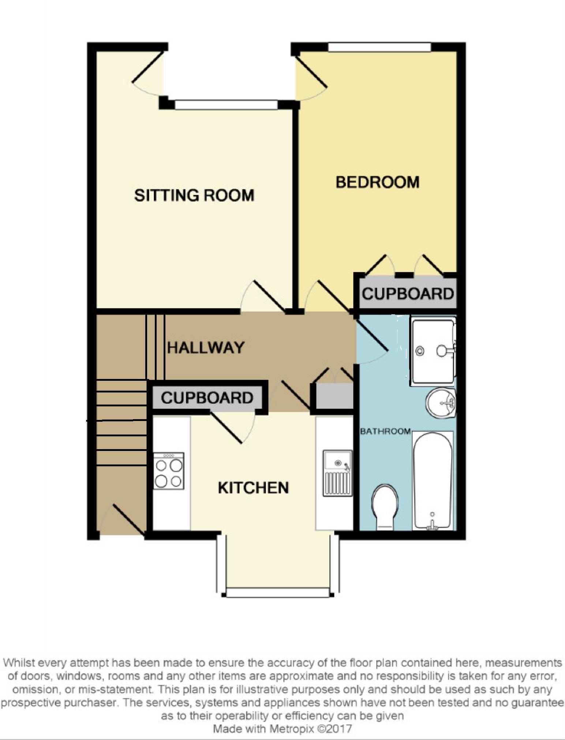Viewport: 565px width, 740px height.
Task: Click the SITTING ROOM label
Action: coord(194,195)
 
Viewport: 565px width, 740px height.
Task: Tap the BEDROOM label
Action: coord(377,182)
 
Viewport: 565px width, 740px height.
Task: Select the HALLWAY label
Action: coord(206,348)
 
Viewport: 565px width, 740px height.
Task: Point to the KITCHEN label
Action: coord(253,488)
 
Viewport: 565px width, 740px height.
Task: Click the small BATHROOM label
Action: coord(385,431)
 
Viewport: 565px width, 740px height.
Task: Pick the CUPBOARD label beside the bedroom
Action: coord(408,294)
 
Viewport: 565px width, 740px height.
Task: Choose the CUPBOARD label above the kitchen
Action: coord(207,398)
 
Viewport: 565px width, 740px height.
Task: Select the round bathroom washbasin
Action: coord(441,403)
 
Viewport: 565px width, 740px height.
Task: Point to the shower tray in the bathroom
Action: coord(433,351)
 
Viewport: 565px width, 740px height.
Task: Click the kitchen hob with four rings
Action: coord(169,471)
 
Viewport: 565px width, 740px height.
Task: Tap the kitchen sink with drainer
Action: coord(337,473)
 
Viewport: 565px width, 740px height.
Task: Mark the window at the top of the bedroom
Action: coord(379,47)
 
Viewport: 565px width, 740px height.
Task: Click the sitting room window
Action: coord(226,105)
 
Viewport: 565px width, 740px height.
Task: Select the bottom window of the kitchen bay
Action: coord(278,592)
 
